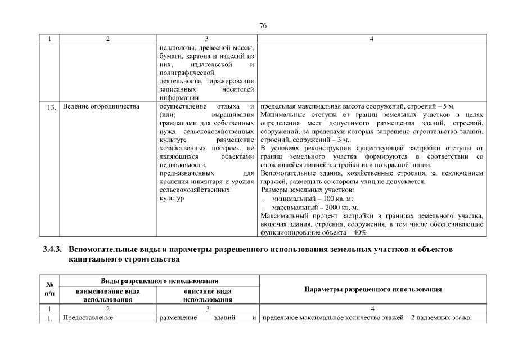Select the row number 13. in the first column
[x=51, y=107]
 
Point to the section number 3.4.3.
[x=53, y=249]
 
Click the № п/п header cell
[x=50, y=290]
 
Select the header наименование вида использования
[x=107, y=295]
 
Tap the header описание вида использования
[x=208, y=295]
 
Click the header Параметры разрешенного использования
[x=372, y=289]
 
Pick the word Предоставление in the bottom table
[x=88, y=318]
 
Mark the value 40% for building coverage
[x=360, y=232]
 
